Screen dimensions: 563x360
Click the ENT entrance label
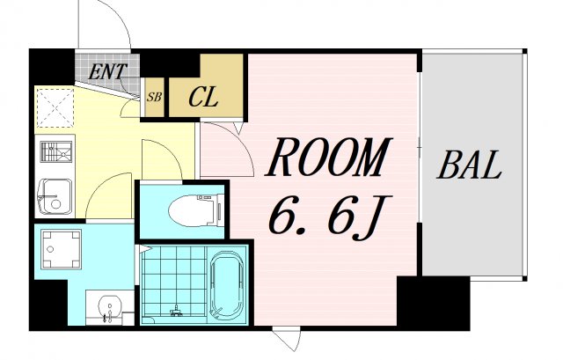tap(107, 71)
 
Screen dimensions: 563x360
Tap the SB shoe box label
tap(155, 97)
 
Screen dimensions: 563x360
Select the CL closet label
tap(203, 97)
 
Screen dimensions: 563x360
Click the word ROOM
tap(328, 157)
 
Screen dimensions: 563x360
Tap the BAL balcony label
tap(469, 165)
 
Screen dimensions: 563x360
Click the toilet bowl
tap(192, 209)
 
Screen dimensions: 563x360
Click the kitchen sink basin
tap(55, 196)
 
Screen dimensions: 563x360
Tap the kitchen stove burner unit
tap(55, 152)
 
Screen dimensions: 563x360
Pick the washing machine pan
tap(61, 250)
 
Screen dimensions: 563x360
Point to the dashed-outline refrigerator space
tap(55, 107)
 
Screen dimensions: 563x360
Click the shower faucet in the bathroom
tap(176, 311)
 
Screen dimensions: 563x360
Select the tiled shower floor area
tap(174, 281)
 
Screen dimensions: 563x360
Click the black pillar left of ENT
tap(52, 67)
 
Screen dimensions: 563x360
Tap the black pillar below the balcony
tap(434, 304)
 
